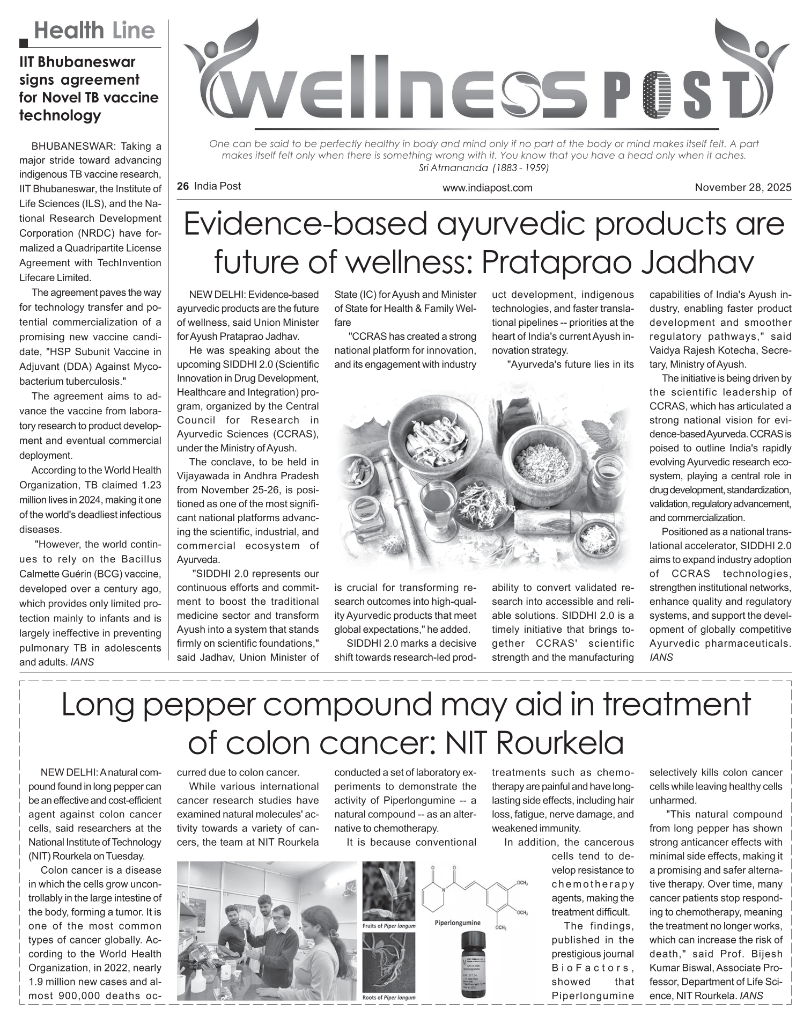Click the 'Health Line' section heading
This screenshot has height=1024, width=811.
point(94,31)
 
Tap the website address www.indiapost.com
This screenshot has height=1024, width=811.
point(487,187)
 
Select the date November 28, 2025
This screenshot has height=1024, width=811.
point(743,187)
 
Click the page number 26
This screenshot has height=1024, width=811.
point(183,186)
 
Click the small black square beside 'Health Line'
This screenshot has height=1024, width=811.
point(24,43)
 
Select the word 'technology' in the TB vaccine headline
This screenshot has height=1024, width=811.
point(60,115)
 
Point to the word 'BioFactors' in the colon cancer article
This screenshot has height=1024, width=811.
point(593,968)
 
